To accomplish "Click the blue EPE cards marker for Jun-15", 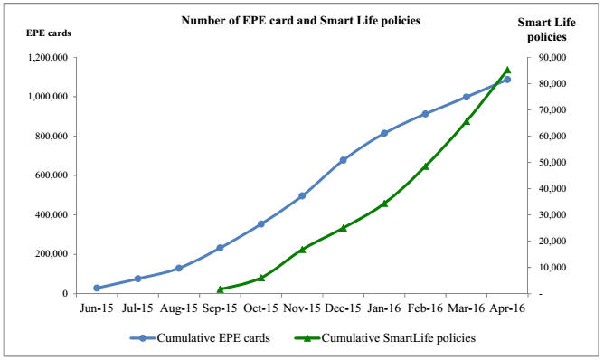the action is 97,288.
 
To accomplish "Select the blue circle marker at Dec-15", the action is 344,160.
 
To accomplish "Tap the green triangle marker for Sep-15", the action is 221,289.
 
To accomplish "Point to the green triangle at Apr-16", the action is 507,70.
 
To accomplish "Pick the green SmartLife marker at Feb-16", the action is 425,166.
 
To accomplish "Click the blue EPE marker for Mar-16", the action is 467,97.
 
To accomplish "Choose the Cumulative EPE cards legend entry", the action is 200,338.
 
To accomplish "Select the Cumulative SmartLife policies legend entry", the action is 385,338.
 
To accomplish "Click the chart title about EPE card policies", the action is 300,21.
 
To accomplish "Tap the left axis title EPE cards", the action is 49,33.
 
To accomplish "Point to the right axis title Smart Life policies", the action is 547,30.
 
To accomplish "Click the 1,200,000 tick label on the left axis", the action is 48,57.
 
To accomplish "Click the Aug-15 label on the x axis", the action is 179,308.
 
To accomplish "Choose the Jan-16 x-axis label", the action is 384,308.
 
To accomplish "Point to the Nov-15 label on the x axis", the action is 302,308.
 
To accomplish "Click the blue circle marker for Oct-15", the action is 261,223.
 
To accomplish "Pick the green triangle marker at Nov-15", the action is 302,250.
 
